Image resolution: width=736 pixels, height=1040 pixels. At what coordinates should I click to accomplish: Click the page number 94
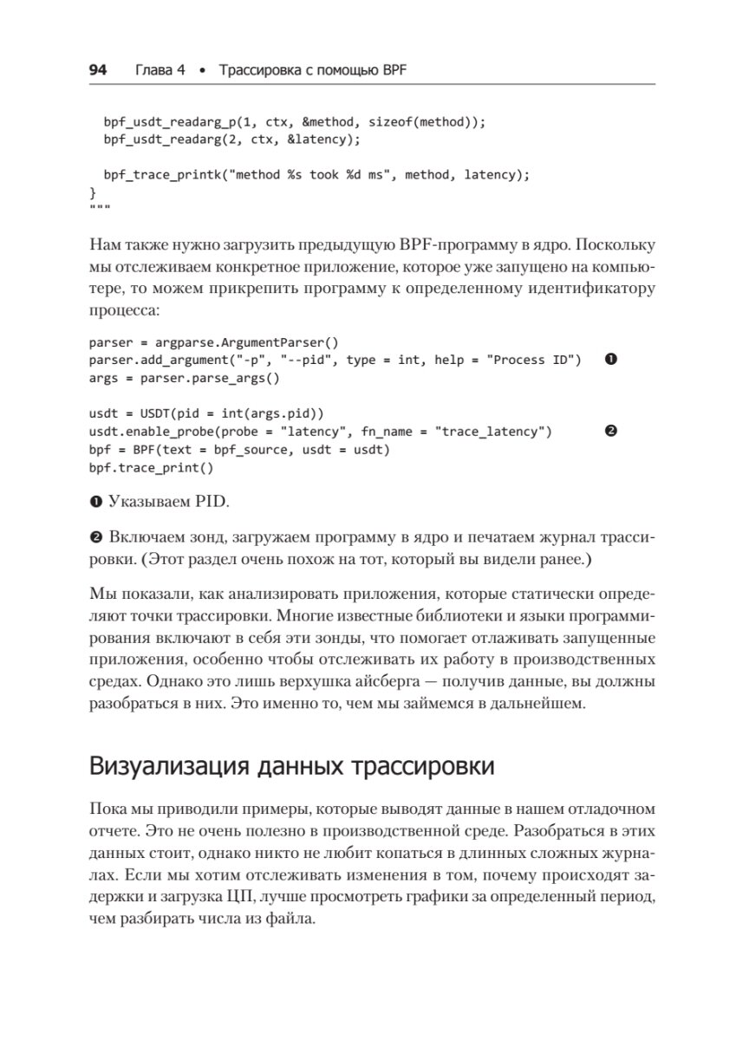(x=97, y=69)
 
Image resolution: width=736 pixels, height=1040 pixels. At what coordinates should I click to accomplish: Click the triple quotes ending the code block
(x=100, y=209)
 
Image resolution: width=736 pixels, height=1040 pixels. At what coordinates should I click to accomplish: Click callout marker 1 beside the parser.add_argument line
(x=609, y=360)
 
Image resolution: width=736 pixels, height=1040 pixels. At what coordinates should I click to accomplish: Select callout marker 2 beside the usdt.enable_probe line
(x=609, y=432)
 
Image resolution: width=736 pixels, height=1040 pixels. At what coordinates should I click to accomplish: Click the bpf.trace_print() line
(x=151, y=467)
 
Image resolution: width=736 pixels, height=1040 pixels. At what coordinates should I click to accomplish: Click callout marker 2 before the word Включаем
(x=94, y=539)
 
